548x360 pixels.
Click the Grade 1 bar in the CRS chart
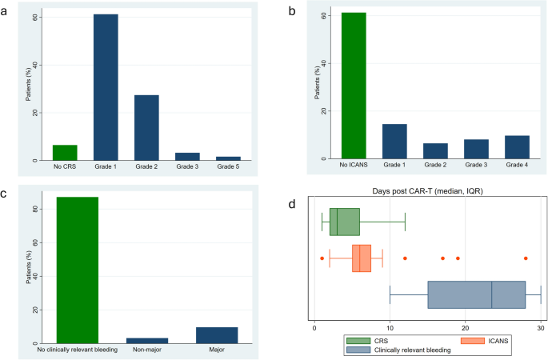[x=106, y=88]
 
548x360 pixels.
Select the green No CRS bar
[x=66, y=153]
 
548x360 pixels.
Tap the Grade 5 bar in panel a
[x=229, y=158]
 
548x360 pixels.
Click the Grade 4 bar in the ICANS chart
[x=517, y=147]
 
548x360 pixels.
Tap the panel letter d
[x=293, y=205]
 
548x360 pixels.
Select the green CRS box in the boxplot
[x=344, y=222]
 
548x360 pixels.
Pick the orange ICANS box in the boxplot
[x=362, y=258]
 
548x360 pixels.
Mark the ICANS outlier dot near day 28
[x=526, y=258]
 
